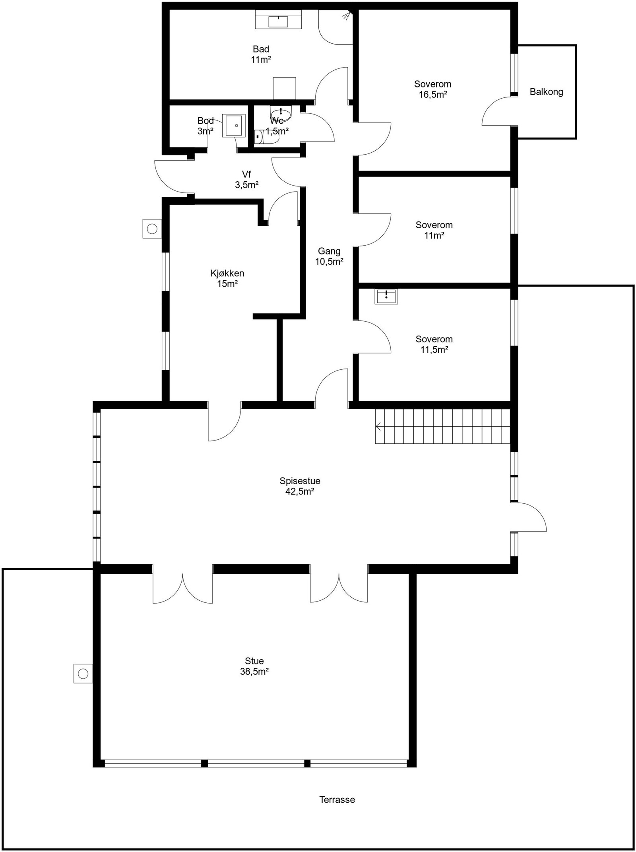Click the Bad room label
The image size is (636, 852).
point(261,49)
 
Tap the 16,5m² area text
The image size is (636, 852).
point(433,95)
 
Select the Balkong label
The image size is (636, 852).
point(546,92)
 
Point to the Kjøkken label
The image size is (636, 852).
point(227,274)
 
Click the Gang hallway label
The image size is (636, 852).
point(329,251)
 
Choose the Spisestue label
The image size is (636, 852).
point(300,481)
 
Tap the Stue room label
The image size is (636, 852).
point(254,661)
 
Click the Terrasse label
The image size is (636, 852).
point(337,800)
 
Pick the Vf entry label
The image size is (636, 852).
point(246,175)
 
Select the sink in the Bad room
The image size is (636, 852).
point(278,21)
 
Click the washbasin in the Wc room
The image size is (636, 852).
point(281,113)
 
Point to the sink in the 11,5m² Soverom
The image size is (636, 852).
point(386,296)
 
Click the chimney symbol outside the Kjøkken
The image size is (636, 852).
point(152,229)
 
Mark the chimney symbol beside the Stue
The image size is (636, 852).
point(83,674)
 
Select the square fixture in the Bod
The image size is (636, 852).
point(234,126)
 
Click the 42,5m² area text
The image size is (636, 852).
point(300,491)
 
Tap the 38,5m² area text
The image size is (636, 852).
point(254,672)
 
